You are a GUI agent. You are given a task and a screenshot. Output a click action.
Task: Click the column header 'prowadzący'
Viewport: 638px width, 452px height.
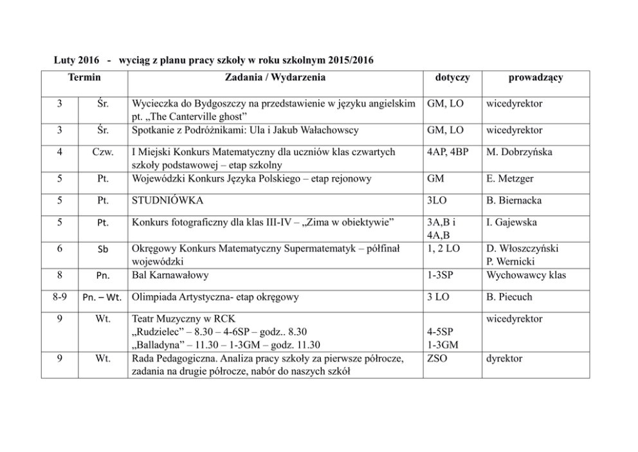pos(535,77)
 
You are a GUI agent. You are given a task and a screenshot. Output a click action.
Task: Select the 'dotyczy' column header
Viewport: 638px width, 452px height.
pos(452,77)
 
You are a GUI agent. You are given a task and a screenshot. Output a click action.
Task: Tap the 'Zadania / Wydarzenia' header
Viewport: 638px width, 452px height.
pos(275,77)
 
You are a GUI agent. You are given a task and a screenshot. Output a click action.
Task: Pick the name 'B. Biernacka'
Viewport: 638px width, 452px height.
pos(514,200)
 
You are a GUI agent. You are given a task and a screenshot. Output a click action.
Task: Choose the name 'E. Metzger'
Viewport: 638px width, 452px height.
pos(509,178)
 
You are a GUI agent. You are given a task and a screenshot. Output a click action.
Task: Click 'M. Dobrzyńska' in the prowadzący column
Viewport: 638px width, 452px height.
pos(519,153)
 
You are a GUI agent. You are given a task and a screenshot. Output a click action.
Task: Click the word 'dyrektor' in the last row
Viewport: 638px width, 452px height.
pos(505,358)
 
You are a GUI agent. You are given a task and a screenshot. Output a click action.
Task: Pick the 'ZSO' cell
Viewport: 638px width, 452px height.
pos(437,358)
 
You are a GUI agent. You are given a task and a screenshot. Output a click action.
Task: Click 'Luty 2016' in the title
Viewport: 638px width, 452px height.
pos(76,60)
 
